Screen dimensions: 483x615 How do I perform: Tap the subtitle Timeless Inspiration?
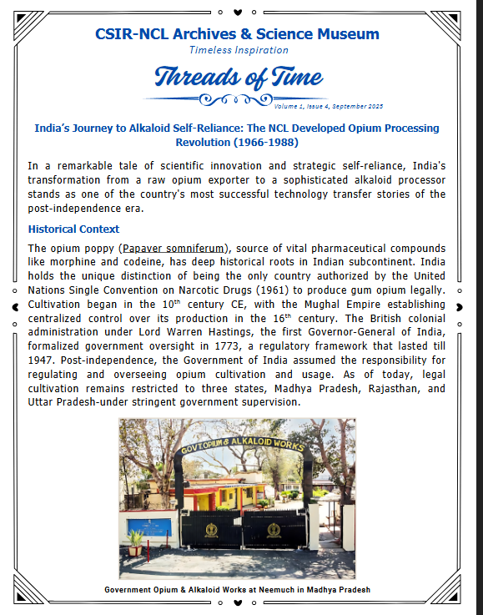coord(238,50)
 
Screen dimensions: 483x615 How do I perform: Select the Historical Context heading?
coord(73,229)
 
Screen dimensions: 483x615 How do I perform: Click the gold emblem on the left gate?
coord(212,529)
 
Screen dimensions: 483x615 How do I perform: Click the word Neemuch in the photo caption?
coord(259,590)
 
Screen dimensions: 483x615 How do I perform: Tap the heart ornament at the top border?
coord(238,13)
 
